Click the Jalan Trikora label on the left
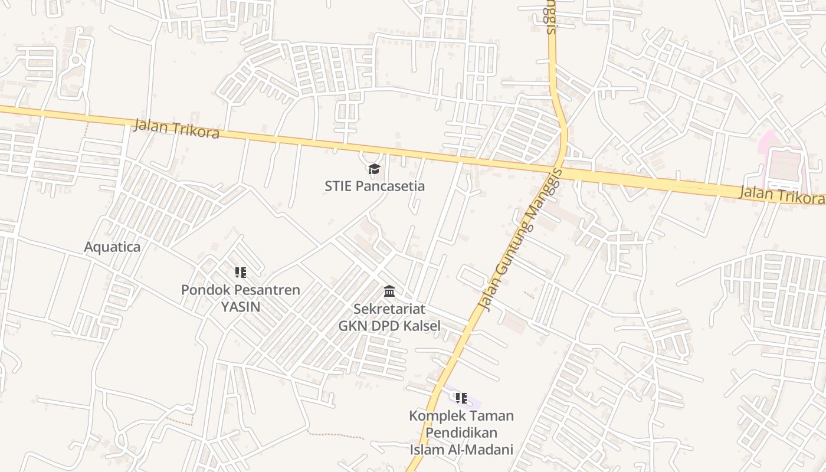coord(176,129)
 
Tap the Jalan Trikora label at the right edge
coord(781,195)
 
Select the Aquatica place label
coord(112,247)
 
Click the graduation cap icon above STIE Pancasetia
coord(374,170)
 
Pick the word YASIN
coord(240,306)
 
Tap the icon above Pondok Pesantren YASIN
coord(240,273)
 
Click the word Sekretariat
coord(389,309)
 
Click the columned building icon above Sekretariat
coord(389,291)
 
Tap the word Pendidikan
coord(461,432)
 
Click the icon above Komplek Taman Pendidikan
coord(461,398)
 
